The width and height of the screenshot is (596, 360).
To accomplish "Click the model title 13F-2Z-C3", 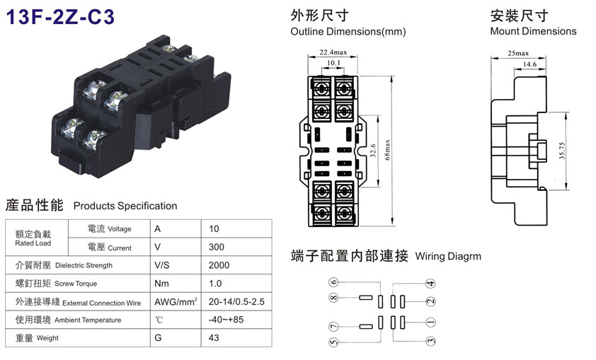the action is coord(60,17).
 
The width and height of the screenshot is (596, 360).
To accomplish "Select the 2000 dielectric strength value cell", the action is coord(219,265).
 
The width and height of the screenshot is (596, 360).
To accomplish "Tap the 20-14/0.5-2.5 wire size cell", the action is coord(236,302).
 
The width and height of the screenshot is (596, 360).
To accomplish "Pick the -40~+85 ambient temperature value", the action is coord(226,320).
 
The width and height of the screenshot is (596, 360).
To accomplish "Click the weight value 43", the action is coord(214,338).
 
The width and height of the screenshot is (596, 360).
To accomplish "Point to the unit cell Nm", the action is coord(161,284).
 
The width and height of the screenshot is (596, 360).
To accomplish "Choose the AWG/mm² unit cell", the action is coord(176,302).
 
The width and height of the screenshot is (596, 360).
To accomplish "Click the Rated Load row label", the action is coord(33,243).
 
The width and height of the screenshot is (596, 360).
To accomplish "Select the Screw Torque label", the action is coord(76,284).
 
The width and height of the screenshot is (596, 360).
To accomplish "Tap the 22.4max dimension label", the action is coord(333,52).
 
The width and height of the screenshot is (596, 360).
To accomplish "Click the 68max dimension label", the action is coord(387,150).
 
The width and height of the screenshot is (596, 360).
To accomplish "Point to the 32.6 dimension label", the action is coord(373,151).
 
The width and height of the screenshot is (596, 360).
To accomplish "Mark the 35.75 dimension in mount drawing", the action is coord(562,151).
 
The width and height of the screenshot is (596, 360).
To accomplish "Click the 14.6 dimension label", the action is coord(529,64).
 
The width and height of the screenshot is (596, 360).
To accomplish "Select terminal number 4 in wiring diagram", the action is coord(430,284).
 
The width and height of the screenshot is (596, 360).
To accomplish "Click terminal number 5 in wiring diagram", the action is coord(333,342).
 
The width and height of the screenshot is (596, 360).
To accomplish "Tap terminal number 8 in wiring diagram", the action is coord(333,297).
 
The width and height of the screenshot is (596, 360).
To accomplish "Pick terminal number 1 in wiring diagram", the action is coord(430,323).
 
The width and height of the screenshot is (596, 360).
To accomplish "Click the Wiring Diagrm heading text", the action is coord(448,256).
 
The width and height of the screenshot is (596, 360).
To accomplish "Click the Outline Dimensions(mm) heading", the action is coord(348,32).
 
